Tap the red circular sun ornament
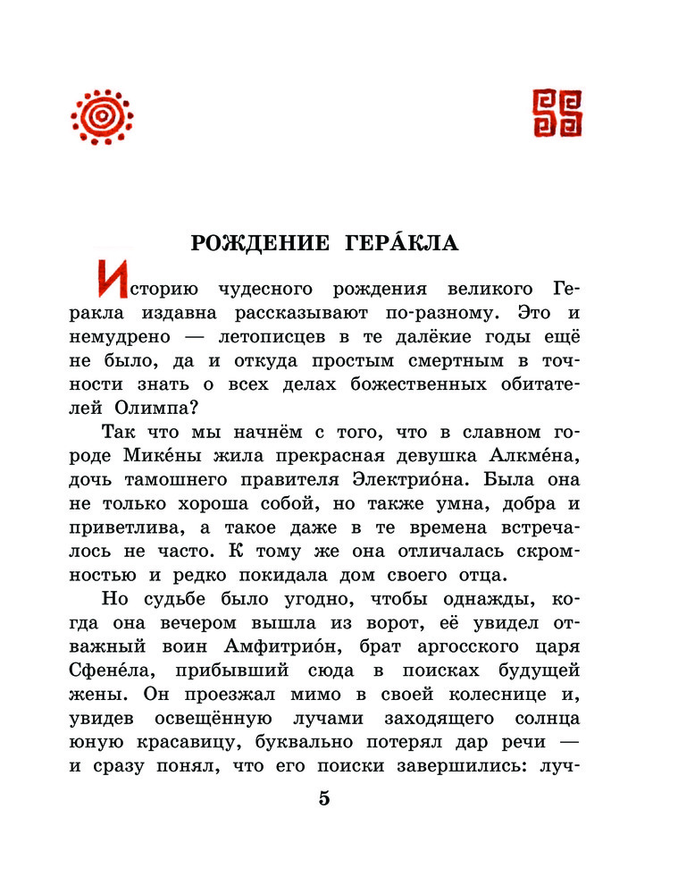pos(102,116)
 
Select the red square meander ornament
pos(557,114)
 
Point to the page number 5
pos(324,798)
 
